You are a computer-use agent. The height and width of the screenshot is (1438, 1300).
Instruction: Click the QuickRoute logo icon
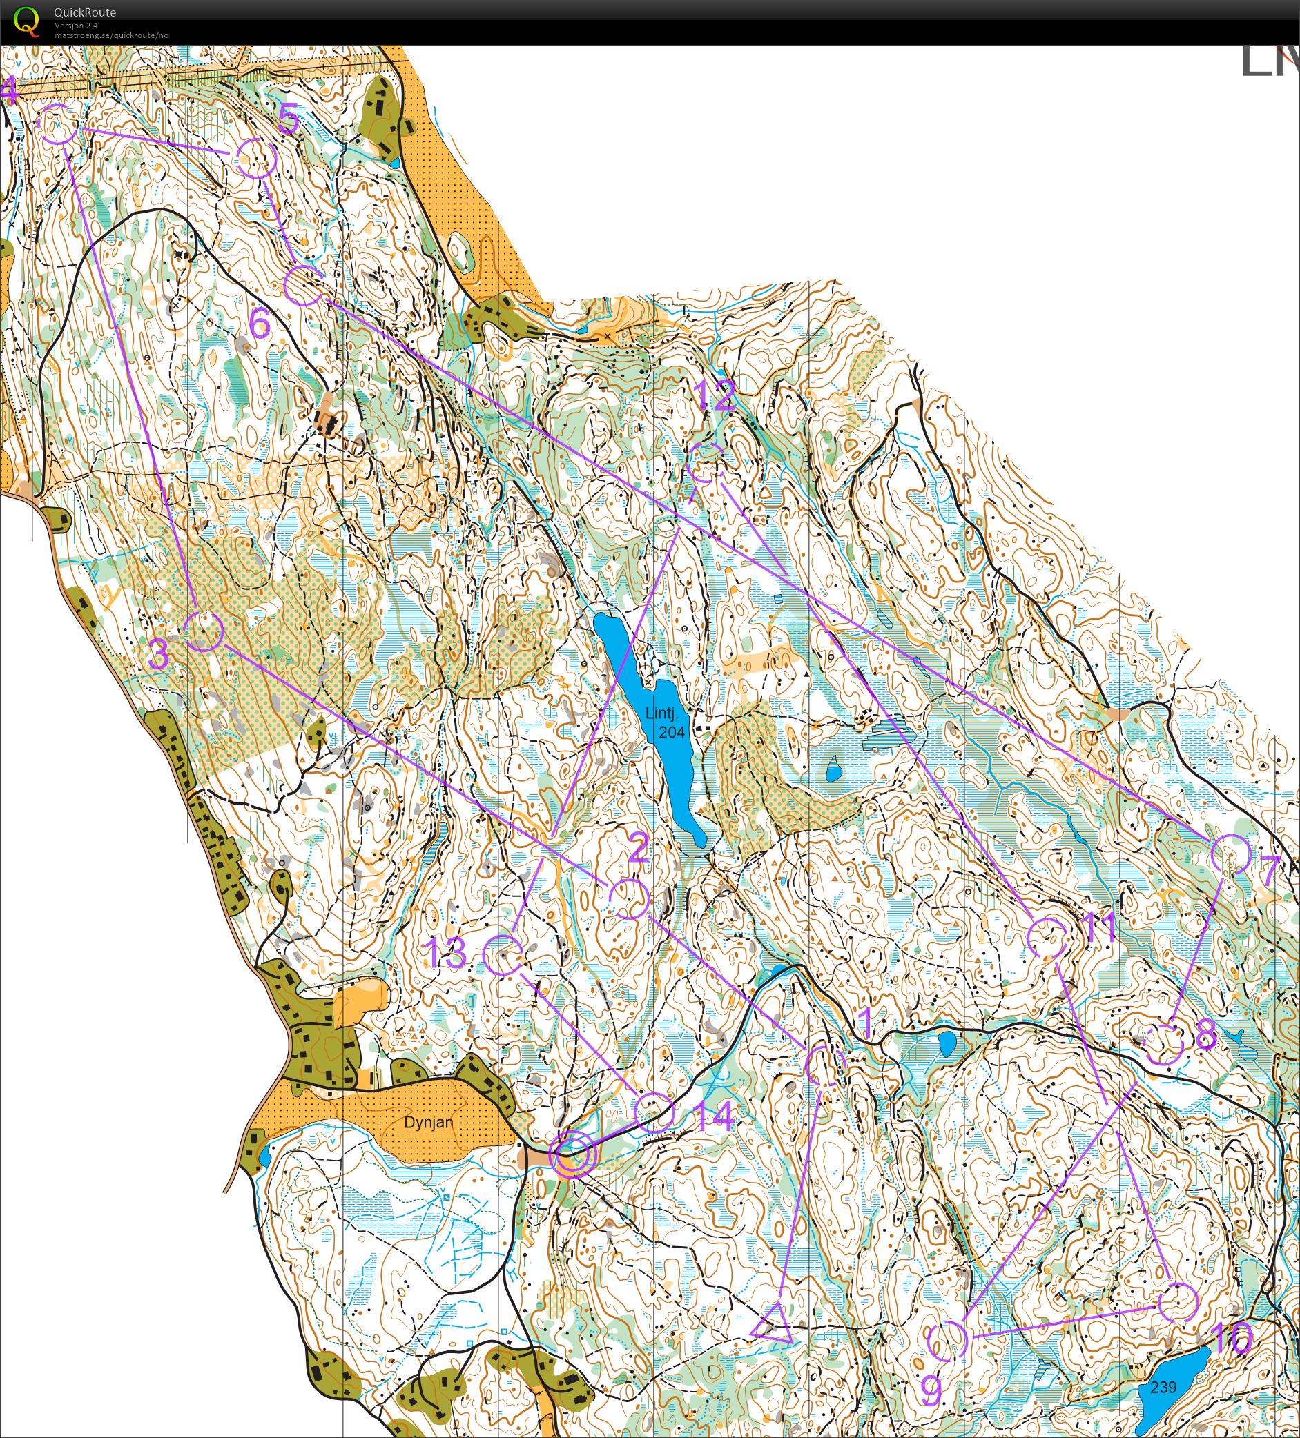click(26, 20)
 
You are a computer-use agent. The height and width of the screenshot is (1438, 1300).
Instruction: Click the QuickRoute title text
click(84, 12)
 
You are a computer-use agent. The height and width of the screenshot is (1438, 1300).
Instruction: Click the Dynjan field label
click(428, 1122)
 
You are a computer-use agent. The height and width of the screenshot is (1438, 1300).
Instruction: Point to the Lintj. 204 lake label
click(666, 721)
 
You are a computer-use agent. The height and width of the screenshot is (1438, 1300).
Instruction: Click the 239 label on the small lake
click(1163, 1387)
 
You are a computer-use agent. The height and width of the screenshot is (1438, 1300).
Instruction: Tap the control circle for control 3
click(204, 631)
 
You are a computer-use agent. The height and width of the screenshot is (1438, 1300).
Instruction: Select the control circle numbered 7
click(1231, 854)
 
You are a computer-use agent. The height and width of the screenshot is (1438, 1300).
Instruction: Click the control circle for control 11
click(1047, 938)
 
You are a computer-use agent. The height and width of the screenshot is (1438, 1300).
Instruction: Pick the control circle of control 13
click(503, 955)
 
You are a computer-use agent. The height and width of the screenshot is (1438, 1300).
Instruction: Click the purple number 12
click(717, 395)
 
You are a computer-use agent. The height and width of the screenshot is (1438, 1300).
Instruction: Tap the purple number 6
click(260, 324)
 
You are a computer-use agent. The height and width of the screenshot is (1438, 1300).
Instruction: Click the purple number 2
click(637, 847)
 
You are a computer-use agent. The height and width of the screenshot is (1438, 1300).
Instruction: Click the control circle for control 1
click(825, 1065)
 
